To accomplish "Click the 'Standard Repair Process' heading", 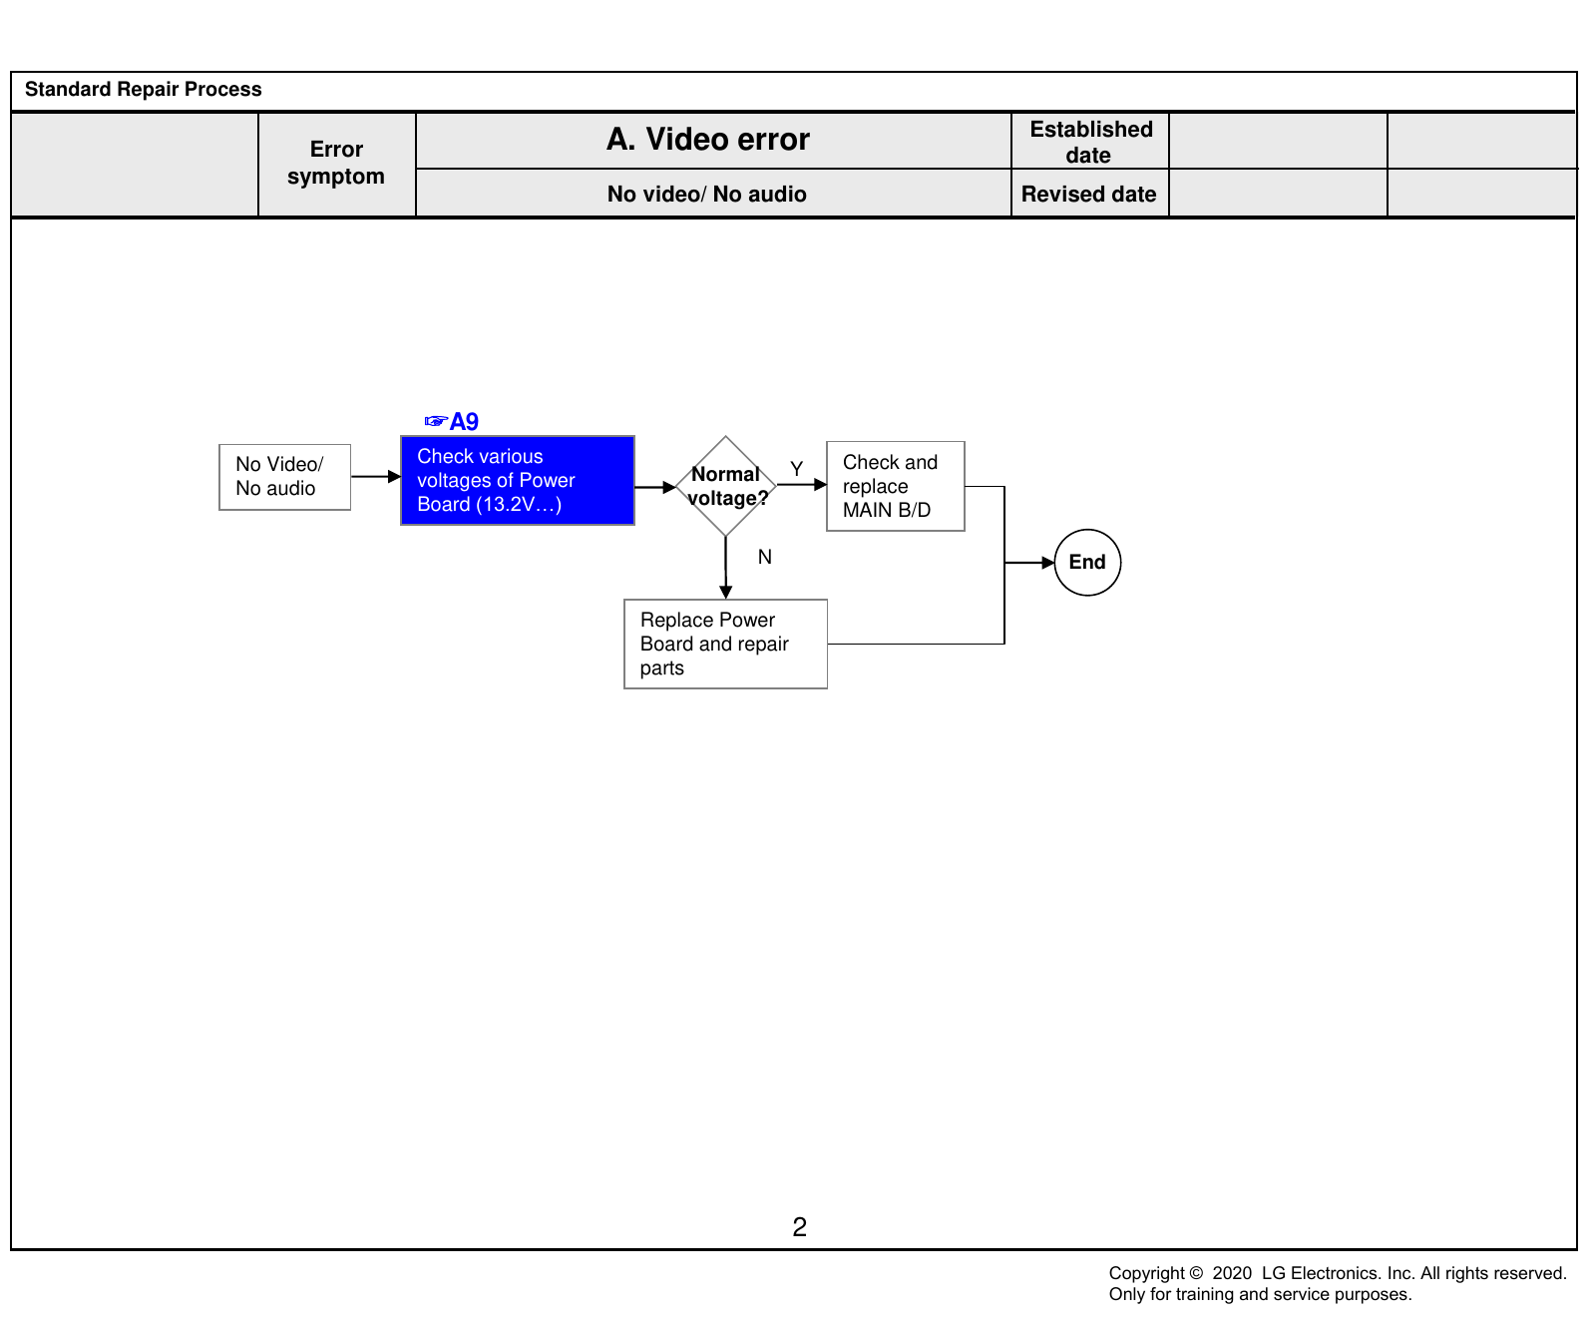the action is [x=143, y=89].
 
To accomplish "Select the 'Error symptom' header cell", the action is [x=336, y=164].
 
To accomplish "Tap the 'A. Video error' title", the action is [x=708, y=140].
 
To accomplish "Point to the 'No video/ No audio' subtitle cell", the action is [x=707, y=194].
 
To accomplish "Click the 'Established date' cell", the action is [x=1090, y=142].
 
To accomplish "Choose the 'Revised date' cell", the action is [x=1089, y=194].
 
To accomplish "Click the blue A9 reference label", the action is [x=452, y=422].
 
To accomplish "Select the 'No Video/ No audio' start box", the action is [x=285, y=477].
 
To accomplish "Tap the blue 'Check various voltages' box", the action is [x=518, y=480].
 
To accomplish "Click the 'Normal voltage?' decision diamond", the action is [x=726, y=486].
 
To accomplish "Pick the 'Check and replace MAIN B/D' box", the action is [x=896, y=486].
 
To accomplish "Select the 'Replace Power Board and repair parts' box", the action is [x=726, y=644].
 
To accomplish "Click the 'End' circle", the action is [x=1087, y=563].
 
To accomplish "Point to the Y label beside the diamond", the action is [x=796, y=469].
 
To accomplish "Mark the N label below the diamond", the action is [x=765, y=557].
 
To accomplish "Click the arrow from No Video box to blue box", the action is [x=376, y=477].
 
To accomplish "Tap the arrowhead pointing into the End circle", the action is [x=1048, y=563].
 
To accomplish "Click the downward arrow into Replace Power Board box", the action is [x=726, y=568].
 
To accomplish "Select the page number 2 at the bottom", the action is [x=799, y=1227].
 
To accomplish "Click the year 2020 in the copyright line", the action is [x=1232, y=1273].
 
